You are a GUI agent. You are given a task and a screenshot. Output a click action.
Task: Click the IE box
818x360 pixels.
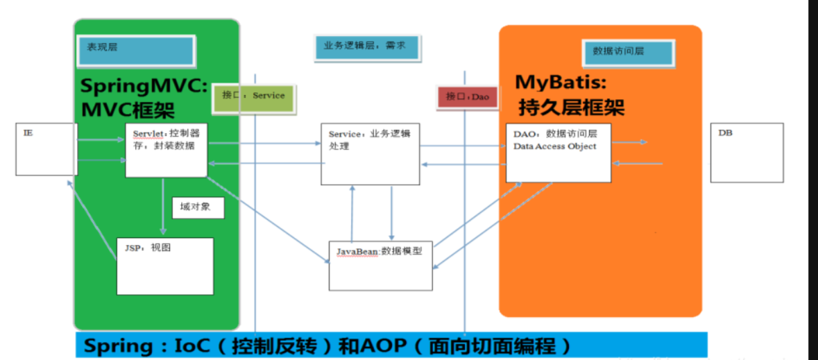[46, 149]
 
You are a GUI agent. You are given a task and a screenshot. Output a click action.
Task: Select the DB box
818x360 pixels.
[747, 153]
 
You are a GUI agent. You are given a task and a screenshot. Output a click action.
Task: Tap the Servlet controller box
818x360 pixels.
[167, 150]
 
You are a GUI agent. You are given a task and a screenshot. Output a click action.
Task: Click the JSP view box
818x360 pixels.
[165, 266]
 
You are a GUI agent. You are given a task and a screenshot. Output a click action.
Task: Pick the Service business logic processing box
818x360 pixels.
[370, 154]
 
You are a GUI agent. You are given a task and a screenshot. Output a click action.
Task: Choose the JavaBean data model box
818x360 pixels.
[380, 265]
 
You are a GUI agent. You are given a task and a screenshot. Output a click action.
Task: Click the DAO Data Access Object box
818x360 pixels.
[559, 153]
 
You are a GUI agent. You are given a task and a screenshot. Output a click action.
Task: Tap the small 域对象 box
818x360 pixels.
[198, 207]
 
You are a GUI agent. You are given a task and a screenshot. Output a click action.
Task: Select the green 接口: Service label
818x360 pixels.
[253, 96]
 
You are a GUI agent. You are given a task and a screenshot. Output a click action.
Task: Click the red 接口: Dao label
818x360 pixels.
[468, 97]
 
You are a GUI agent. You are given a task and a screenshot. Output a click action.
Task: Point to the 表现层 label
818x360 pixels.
[136, 49]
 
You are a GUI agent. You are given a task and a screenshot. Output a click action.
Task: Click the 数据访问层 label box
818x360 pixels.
[627, 52]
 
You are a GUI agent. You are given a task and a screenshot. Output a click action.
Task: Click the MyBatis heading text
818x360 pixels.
[561, 83]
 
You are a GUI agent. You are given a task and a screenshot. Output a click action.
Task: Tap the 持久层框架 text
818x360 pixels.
[572, 107]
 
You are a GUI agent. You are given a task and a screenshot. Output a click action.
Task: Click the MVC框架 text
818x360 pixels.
[128, 110]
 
